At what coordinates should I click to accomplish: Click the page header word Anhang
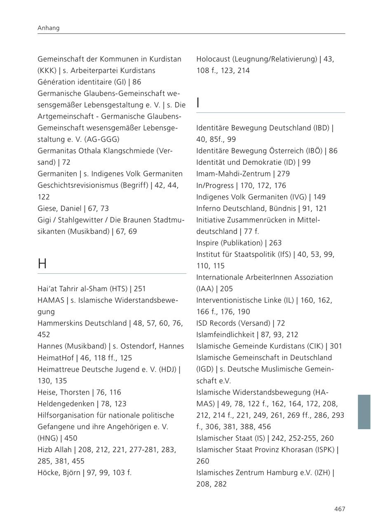tap(49, 28)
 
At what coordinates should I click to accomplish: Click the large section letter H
tap(42, 263)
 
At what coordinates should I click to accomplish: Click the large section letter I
tap(198, 103)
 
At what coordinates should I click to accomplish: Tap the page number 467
tap(340, 509)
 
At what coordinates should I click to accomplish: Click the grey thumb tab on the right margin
tap(364, 412)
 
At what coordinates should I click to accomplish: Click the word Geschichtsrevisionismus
tap(77, 185)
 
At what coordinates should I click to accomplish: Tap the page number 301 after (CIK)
tap(336, 346)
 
